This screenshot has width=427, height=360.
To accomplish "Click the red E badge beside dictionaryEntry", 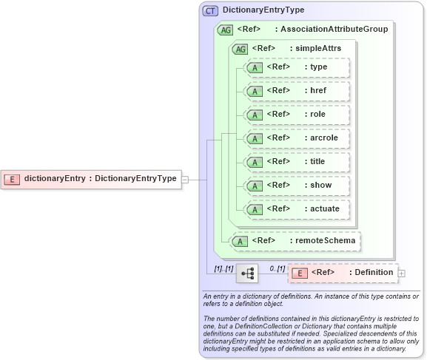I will pyautogui.click(x=13, y=178).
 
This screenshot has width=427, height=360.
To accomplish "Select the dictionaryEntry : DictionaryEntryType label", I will pyautogui.click(x=100, y=178).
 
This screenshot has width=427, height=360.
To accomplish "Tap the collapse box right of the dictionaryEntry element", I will pyautogui.click(x=185, y=179).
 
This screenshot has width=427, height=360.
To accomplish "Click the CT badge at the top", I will pyautogui.click(x=210, y=10).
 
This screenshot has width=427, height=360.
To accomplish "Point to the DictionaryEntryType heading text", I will pyautogui.click(x=263, y=10).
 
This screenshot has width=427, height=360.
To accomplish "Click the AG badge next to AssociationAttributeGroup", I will pyautogui.click(x=225, y=30).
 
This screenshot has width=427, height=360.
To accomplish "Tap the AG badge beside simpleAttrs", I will pyautogui.click(x=240, y=49).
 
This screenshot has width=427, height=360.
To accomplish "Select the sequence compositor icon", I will pyautogui.click(x=247, y=273).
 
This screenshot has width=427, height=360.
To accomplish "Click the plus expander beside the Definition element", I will pyautogui.click(x=402, y=273).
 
